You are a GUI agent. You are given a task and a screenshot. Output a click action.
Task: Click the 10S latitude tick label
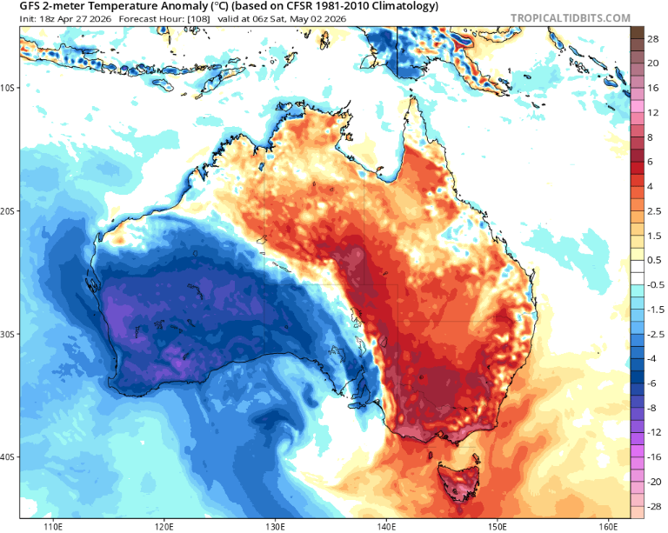click(10, 88)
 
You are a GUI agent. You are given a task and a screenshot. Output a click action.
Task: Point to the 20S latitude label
click(10, 211)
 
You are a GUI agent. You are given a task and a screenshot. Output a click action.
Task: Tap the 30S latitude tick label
click(10, 335)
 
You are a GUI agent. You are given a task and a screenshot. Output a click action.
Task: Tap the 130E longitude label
click(276, 525)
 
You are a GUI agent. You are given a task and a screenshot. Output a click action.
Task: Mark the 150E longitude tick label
click(498, 525)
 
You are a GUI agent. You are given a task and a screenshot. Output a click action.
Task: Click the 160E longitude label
click(608, 525)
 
